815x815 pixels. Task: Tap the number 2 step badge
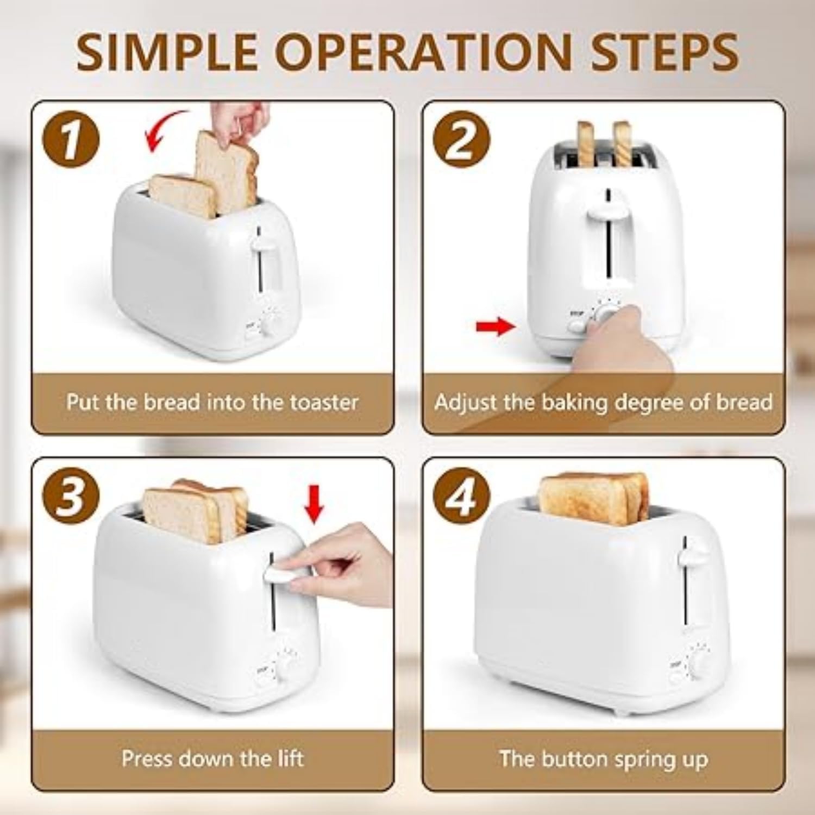click(461, 140)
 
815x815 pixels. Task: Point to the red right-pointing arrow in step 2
click(495, 327)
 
